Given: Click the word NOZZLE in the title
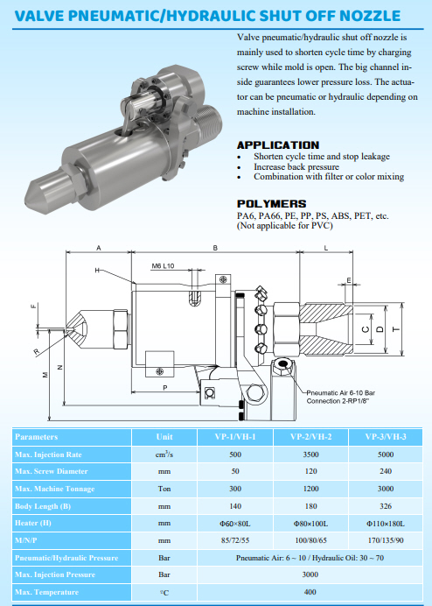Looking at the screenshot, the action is point(370,16).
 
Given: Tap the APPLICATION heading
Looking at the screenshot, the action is point(278,145).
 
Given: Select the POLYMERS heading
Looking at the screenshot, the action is point(271,204).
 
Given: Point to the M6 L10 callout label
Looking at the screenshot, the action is point(163,266).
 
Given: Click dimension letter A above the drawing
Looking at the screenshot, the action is point(99,248).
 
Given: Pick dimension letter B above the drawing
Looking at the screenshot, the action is point(215,248).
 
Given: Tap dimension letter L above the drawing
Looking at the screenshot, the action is point(326,248).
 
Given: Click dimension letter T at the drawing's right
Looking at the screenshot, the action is point(396,329).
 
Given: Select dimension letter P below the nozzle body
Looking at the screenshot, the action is point(165,388).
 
